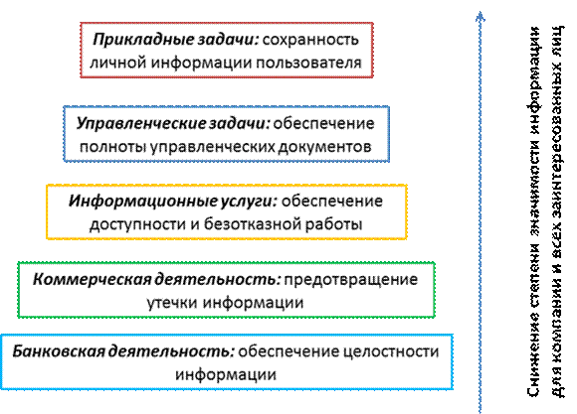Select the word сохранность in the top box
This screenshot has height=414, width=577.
pyautogui.click(x=310, y=40)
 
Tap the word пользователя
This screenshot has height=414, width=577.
pyautogui.click(x=308, y=63)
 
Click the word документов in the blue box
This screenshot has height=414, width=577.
pyautogui.click(x=324, y=147)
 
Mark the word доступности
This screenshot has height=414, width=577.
pyautogui.click(x=137, y=224)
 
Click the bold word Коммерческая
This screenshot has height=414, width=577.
pyautogui.click(x=92, y=280)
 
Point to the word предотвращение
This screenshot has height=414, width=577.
pyautogui.click(x=351, y=280)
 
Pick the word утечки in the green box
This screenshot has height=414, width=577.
pyautogui.click(x=172, y=303)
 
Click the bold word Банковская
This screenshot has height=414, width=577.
pyautogui.click(x=59, y=351)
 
